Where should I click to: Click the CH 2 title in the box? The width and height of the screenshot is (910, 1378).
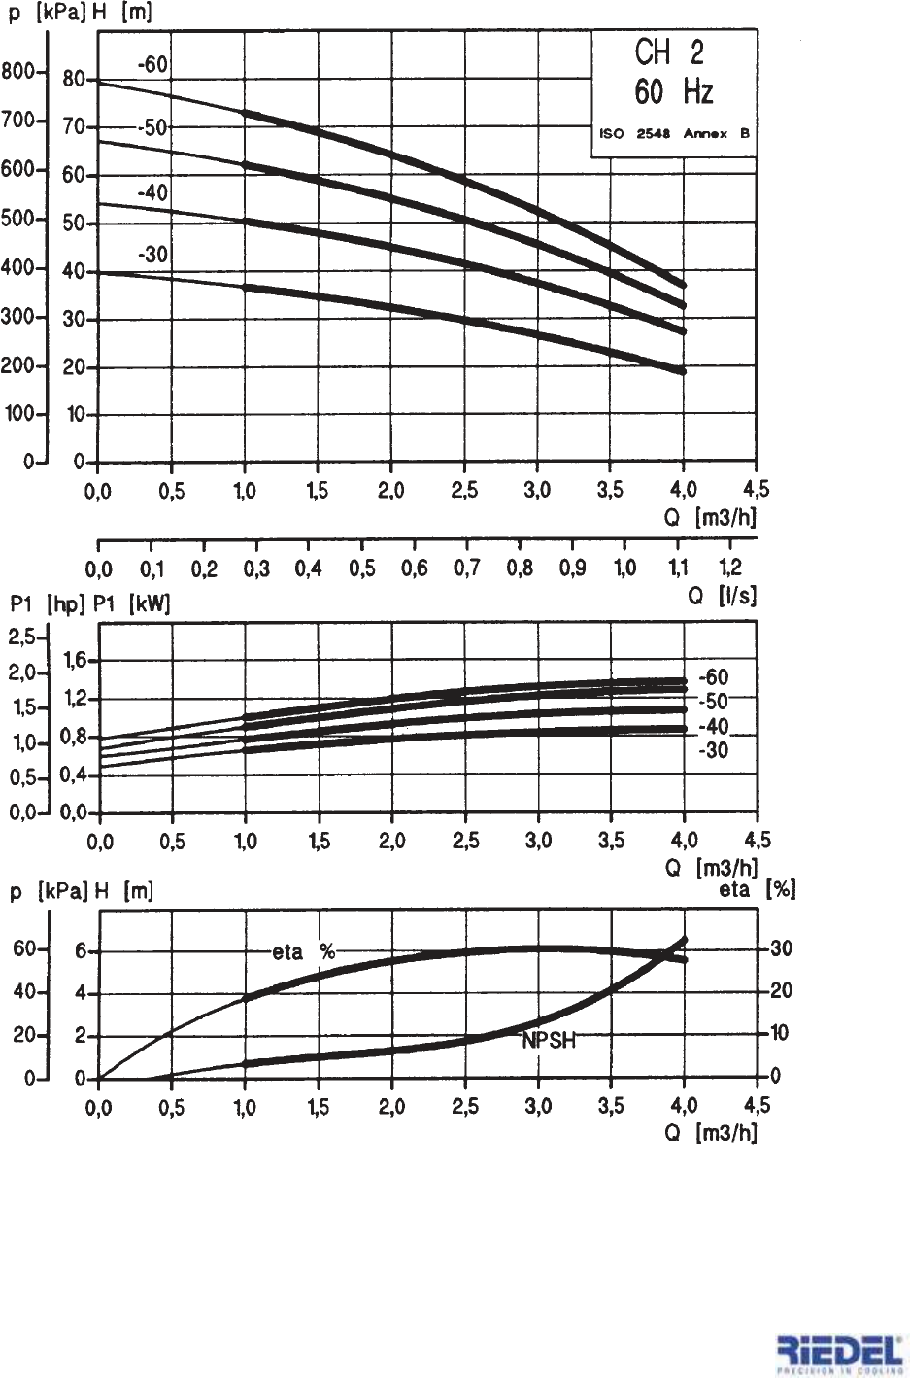[x=669, y=52]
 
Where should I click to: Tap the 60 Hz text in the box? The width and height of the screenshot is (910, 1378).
[x=673, y=92]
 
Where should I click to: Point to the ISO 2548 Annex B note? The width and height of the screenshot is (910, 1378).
[x=674, y=134]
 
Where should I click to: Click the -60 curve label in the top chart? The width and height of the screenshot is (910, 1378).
[x=152, y=65]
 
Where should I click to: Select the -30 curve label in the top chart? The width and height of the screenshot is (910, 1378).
[x=152, y=256]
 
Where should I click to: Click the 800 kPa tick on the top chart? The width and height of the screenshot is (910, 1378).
[x=18, y=72]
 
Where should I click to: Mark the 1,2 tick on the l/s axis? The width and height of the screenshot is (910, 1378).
[x=729, y=568]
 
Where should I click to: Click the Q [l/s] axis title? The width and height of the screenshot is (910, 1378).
[x=722, y=596]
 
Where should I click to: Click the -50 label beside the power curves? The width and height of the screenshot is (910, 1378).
[x=713, y=702]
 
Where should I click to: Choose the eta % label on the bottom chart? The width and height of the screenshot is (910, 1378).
[x=303, y=952]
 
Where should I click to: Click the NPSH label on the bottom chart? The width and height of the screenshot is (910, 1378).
[x=549, y=1041]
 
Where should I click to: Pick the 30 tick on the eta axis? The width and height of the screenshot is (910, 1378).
[x=781, y=949]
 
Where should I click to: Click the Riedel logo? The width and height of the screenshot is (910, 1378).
[x=840, y=1354]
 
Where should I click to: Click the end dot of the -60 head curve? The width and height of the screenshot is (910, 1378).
[x=683, y=285]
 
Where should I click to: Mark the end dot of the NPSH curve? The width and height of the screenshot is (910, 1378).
[x=684, y=940]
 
